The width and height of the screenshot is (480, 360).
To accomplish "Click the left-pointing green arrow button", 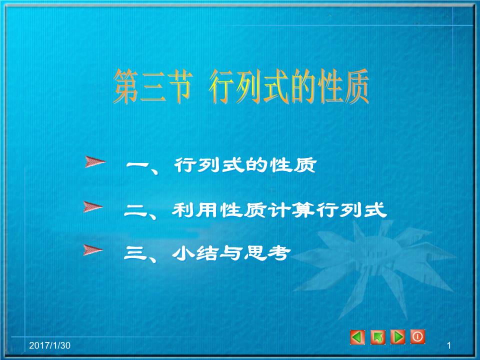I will tap(357, 337).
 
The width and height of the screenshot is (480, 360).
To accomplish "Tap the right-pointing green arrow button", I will tap(398, 337).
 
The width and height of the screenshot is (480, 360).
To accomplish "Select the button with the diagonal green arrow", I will tap(378, 338).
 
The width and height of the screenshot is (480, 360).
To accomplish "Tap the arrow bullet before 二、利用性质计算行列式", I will tap(93, 207).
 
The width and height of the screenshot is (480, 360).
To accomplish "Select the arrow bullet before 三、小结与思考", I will tap(93, 250).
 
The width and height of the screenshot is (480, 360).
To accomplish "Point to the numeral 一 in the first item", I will tap(137, 165).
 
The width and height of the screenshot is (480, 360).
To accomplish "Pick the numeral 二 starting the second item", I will tap(135, 210).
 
